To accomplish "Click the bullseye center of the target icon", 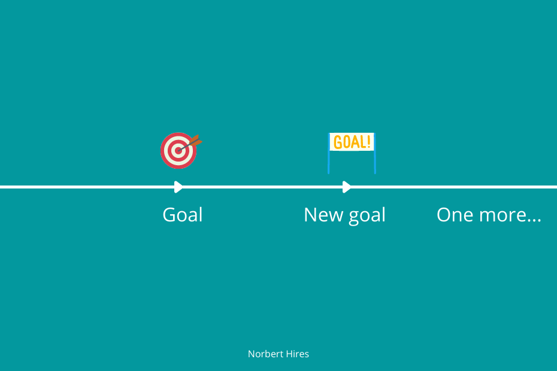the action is [178, 151].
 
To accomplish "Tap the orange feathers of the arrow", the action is [196, 141].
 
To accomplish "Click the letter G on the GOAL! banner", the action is [338, 142].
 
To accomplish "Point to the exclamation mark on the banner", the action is [369, 142].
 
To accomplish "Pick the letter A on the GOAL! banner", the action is [356, 142].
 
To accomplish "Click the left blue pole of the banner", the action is [329, 153].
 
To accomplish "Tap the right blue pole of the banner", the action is [375, 153].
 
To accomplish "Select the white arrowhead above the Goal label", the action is [178, 187].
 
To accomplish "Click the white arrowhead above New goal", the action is [347, 187].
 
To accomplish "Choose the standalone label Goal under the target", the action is [183, 215].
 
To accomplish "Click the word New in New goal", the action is [323, 215].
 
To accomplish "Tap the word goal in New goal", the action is [367, 215].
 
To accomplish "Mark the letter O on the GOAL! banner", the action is [347, 142].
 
